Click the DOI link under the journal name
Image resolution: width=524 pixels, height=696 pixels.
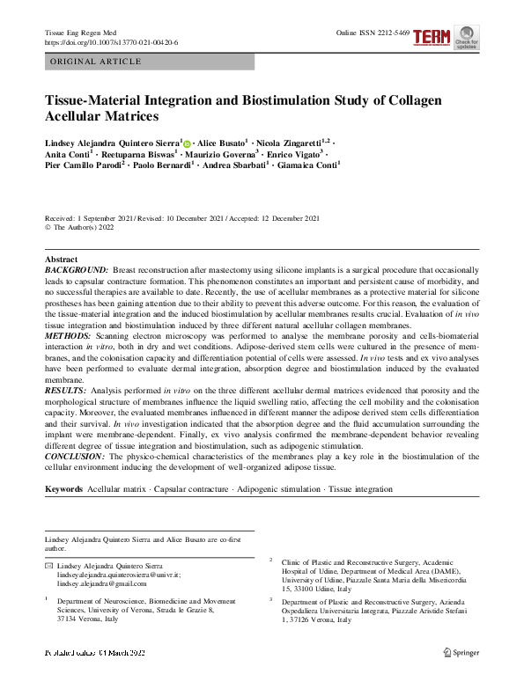click(x=111, y=41)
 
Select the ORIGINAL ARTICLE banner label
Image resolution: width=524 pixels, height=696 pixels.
click(x=96, y=62)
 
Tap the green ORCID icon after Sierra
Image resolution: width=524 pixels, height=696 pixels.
click(x=187, y=143)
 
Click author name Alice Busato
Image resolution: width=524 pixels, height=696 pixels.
click(x=220, y=143)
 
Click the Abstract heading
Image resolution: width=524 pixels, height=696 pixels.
click(x=62, y=260)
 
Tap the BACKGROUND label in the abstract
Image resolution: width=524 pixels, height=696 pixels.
click(x=77, y=270)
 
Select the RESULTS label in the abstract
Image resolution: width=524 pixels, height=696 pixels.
click(x=65, y=389)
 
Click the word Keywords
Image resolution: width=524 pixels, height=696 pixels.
click(x=64, y=489)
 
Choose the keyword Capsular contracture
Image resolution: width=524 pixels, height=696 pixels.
click(x=191, y=489)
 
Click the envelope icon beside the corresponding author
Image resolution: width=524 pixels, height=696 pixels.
click(x=48, y=565)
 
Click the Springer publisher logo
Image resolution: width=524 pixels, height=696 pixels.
click(x=461, y=652)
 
